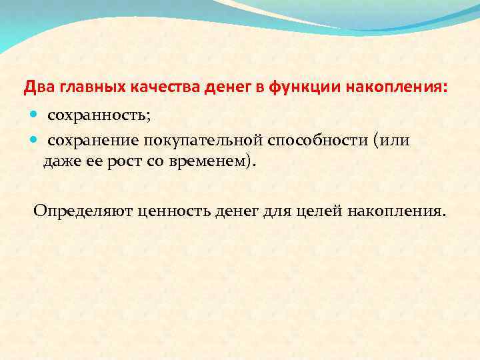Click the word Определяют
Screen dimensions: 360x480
(x=83, y=211)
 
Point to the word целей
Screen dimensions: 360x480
(x=318, y=211)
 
